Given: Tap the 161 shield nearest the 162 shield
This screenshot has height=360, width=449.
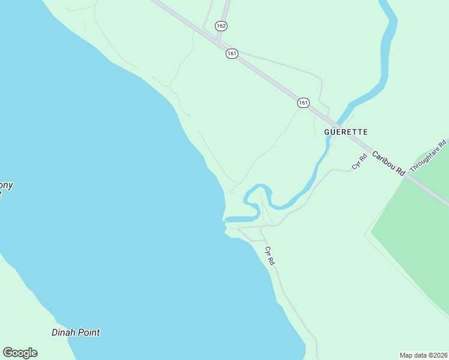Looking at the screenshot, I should pos(232,53).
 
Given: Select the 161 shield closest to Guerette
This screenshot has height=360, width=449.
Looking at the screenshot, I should pos(303,103).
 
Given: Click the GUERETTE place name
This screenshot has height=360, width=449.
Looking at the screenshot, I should pos(346,131).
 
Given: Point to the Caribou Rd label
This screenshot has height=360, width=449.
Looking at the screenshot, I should pos(388,163).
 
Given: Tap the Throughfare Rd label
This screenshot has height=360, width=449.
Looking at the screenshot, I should pos(429,155).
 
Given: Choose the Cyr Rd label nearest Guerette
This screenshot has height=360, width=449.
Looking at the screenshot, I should pos(359,161).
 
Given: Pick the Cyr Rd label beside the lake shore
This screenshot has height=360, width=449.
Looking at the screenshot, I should pos(270,256).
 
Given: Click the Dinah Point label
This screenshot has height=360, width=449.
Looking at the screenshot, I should pos(76,332).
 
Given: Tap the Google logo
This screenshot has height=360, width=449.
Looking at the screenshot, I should pos(20,353).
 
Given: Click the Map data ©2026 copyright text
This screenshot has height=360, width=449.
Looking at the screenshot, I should pos(423,355).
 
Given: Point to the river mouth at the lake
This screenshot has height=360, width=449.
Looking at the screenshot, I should pos(226,220).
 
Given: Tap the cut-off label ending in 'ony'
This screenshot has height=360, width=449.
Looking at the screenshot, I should pos(6,185).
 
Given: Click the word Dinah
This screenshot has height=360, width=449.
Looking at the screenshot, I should pos(62,332).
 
